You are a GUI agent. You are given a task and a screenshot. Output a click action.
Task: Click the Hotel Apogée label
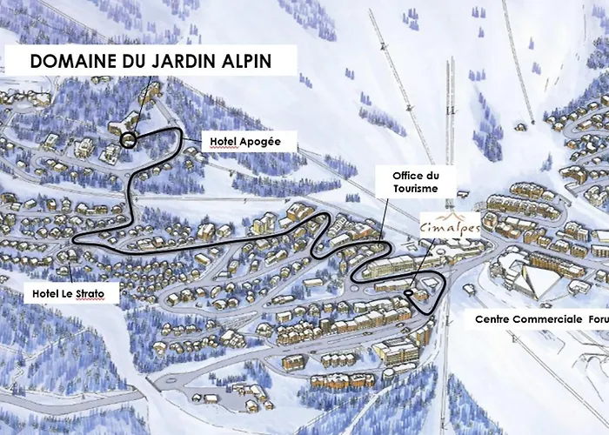[241, 141]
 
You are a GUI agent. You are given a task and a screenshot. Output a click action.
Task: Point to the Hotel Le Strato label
[68, 295]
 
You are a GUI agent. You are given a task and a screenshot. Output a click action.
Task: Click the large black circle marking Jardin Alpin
[129, 139]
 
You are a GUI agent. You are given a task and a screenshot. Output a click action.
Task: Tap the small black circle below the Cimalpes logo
[408, 294]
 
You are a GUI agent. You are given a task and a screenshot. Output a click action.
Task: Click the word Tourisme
[409, 188]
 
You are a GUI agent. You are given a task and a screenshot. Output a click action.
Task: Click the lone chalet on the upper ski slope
[520, 129]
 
